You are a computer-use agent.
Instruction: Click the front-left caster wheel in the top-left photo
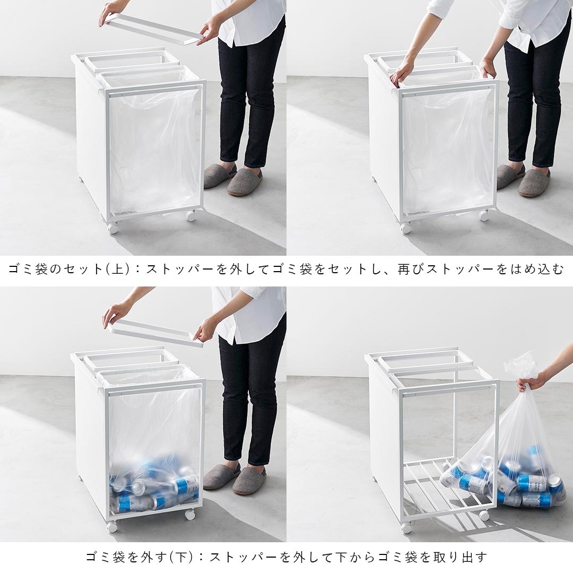coord(112,228)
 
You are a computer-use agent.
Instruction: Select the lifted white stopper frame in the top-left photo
coord(154,29)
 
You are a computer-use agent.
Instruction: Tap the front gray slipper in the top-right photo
coord(534,183)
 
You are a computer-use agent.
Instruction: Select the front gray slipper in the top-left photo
coord(245,182)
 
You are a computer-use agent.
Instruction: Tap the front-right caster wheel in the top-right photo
coord(483,215)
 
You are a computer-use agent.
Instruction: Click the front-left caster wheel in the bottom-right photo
coord(406,527)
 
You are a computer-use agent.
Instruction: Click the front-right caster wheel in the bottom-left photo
coord(189,514)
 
